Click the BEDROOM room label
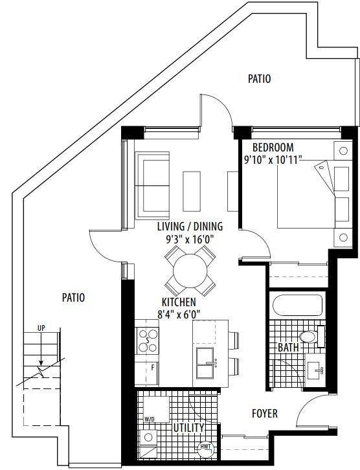(273, 148)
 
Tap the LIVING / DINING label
(190, 227)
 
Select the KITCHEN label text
(179, 302)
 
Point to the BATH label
(288, 347)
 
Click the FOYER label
(265, 414)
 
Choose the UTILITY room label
(189, 428)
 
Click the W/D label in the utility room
(149, 419)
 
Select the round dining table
(190, 271)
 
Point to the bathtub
(297, 305)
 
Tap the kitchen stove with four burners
(148, 341)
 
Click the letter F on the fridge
(153, 367)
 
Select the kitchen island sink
(205, 363)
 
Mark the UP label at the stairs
(41, 328)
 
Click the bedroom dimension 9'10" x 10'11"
(273, 160)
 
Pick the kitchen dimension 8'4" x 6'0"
(179, 315)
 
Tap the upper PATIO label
(259, 79)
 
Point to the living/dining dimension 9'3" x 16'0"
(190, 240)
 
